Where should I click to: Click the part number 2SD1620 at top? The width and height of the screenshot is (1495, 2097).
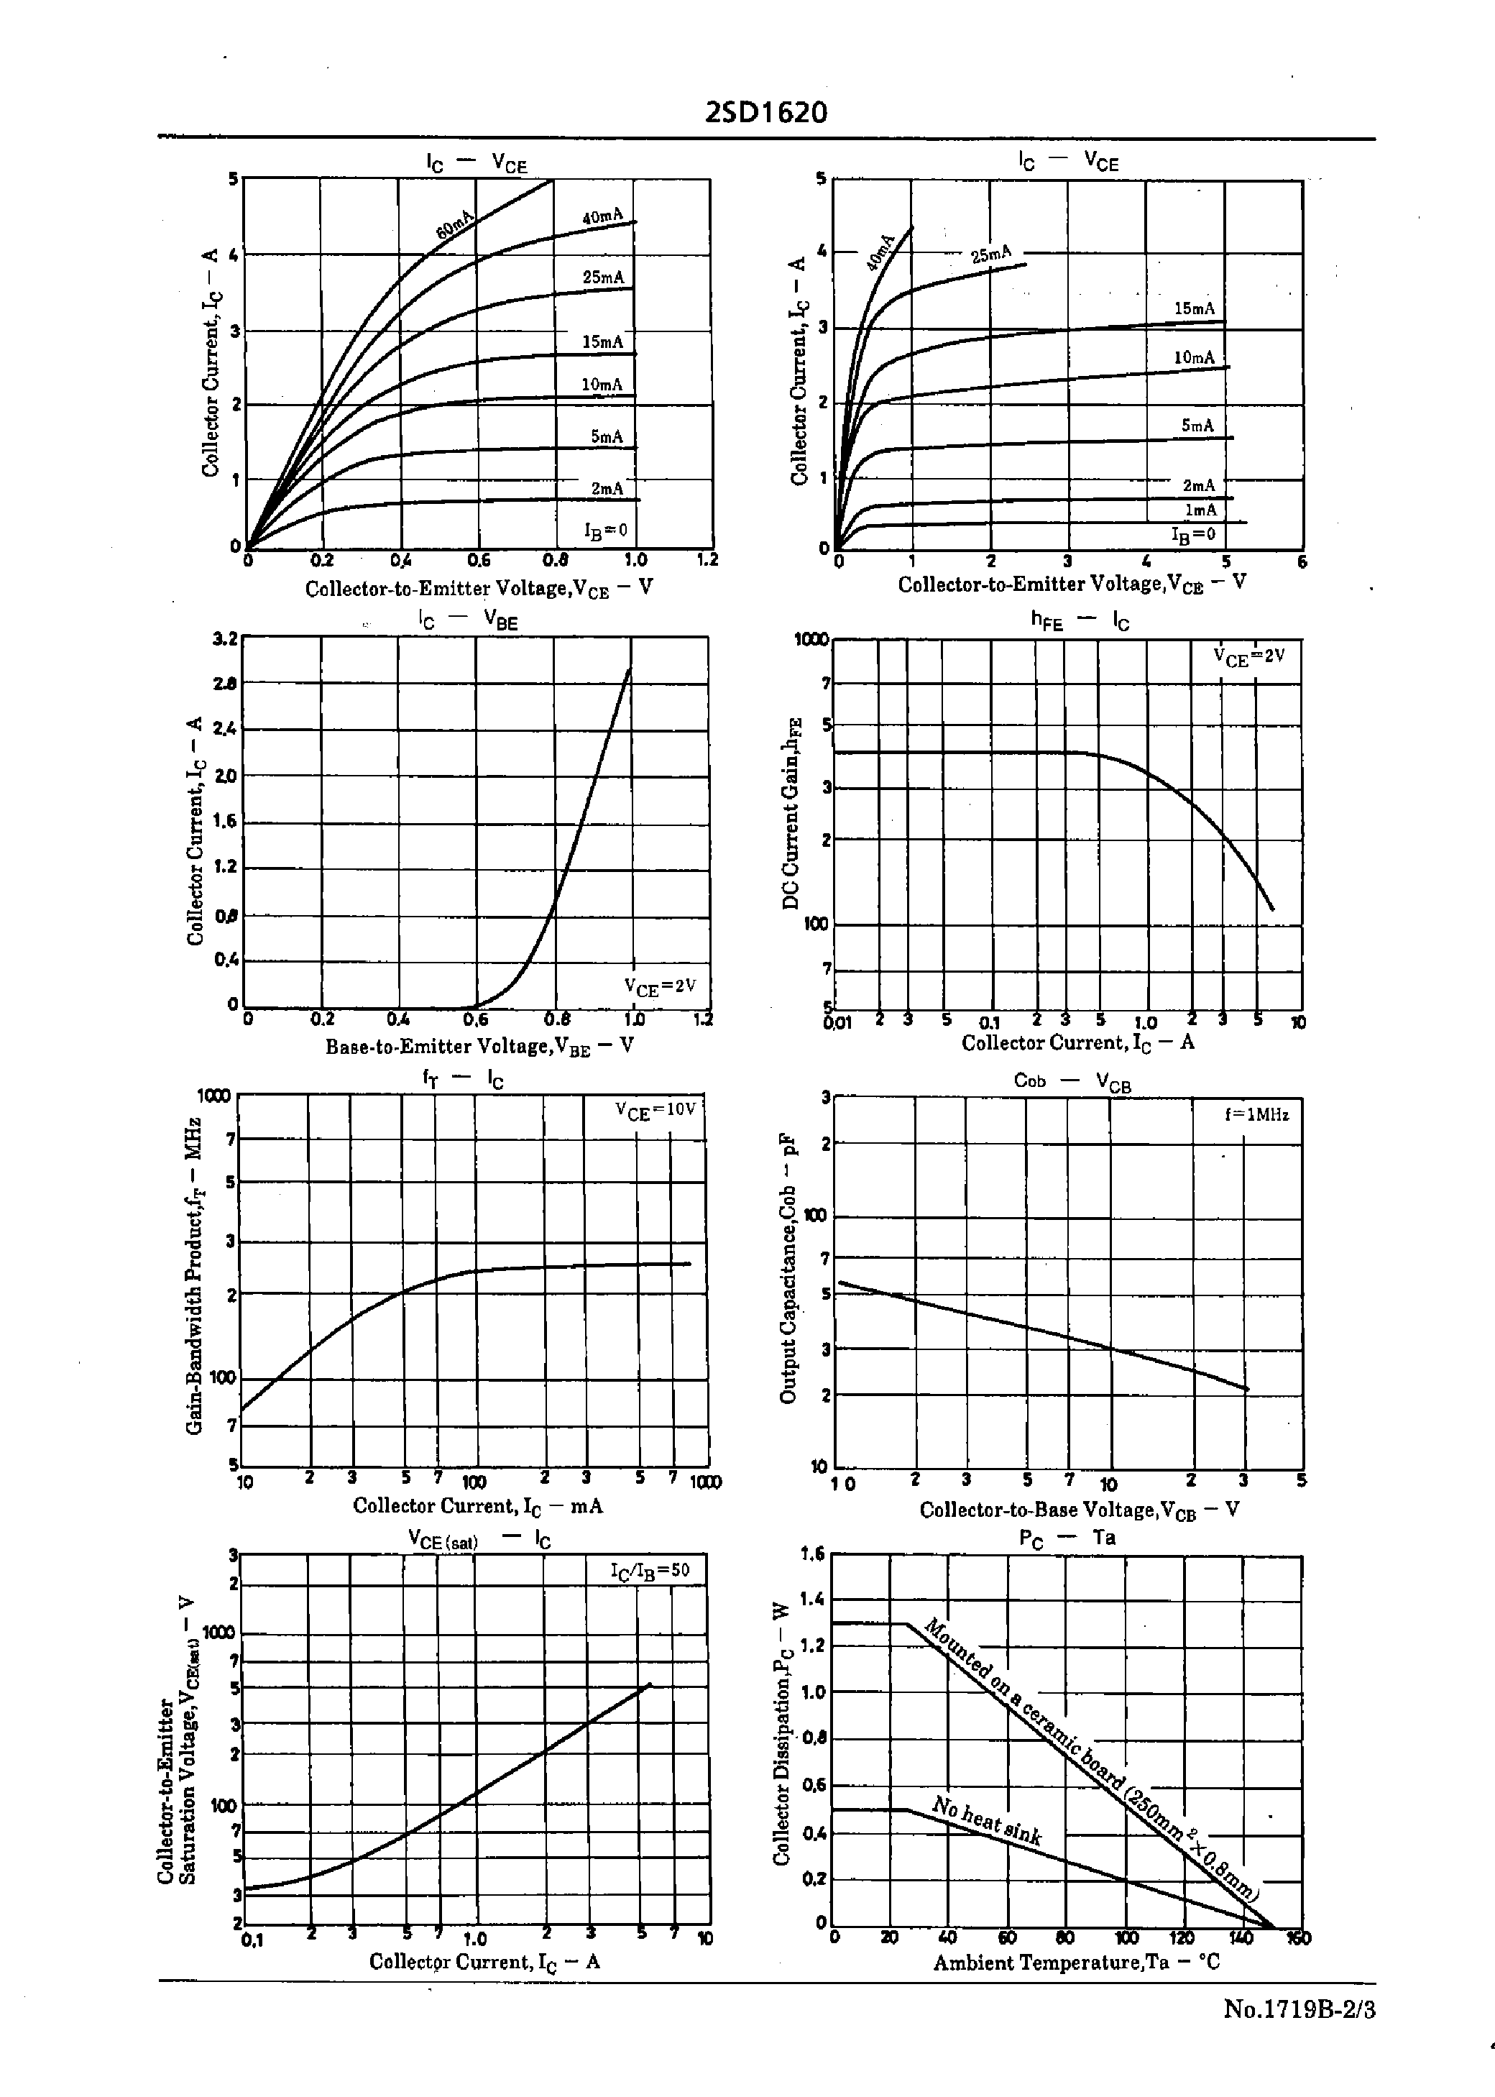pos(766,112)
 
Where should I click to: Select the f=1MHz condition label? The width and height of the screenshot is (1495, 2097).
pos(1256,1115)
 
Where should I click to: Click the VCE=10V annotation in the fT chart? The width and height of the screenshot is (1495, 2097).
pos(656,1109)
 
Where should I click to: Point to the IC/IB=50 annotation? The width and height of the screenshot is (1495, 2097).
pos(650,1571)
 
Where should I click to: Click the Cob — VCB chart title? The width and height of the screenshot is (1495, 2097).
pos(1072,1080)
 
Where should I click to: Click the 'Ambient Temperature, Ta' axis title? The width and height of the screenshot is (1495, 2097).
pos(1075,1963)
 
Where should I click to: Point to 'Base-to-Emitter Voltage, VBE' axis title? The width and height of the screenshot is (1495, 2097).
pos(479,1047)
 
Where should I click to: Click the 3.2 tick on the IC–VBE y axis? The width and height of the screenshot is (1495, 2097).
pos(226,637)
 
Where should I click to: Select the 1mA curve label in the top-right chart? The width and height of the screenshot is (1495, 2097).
pos(1200,510)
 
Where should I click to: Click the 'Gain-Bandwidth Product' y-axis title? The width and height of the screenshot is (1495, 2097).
pos(193,1276)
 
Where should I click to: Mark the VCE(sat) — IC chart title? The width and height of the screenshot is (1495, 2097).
pos(479,1540)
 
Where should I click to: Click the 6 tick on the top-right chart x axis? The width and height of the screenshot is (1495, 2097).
pos(1301,561)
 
